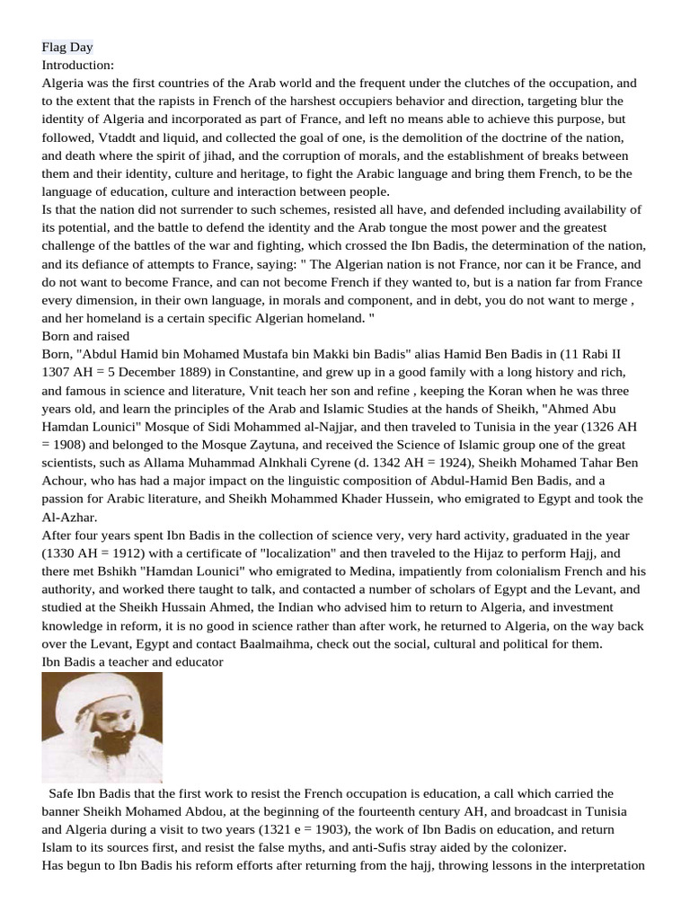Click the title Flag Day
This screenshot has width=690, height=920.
point(67,47)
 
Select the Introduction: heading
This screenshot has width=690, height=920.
point(78,65)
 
